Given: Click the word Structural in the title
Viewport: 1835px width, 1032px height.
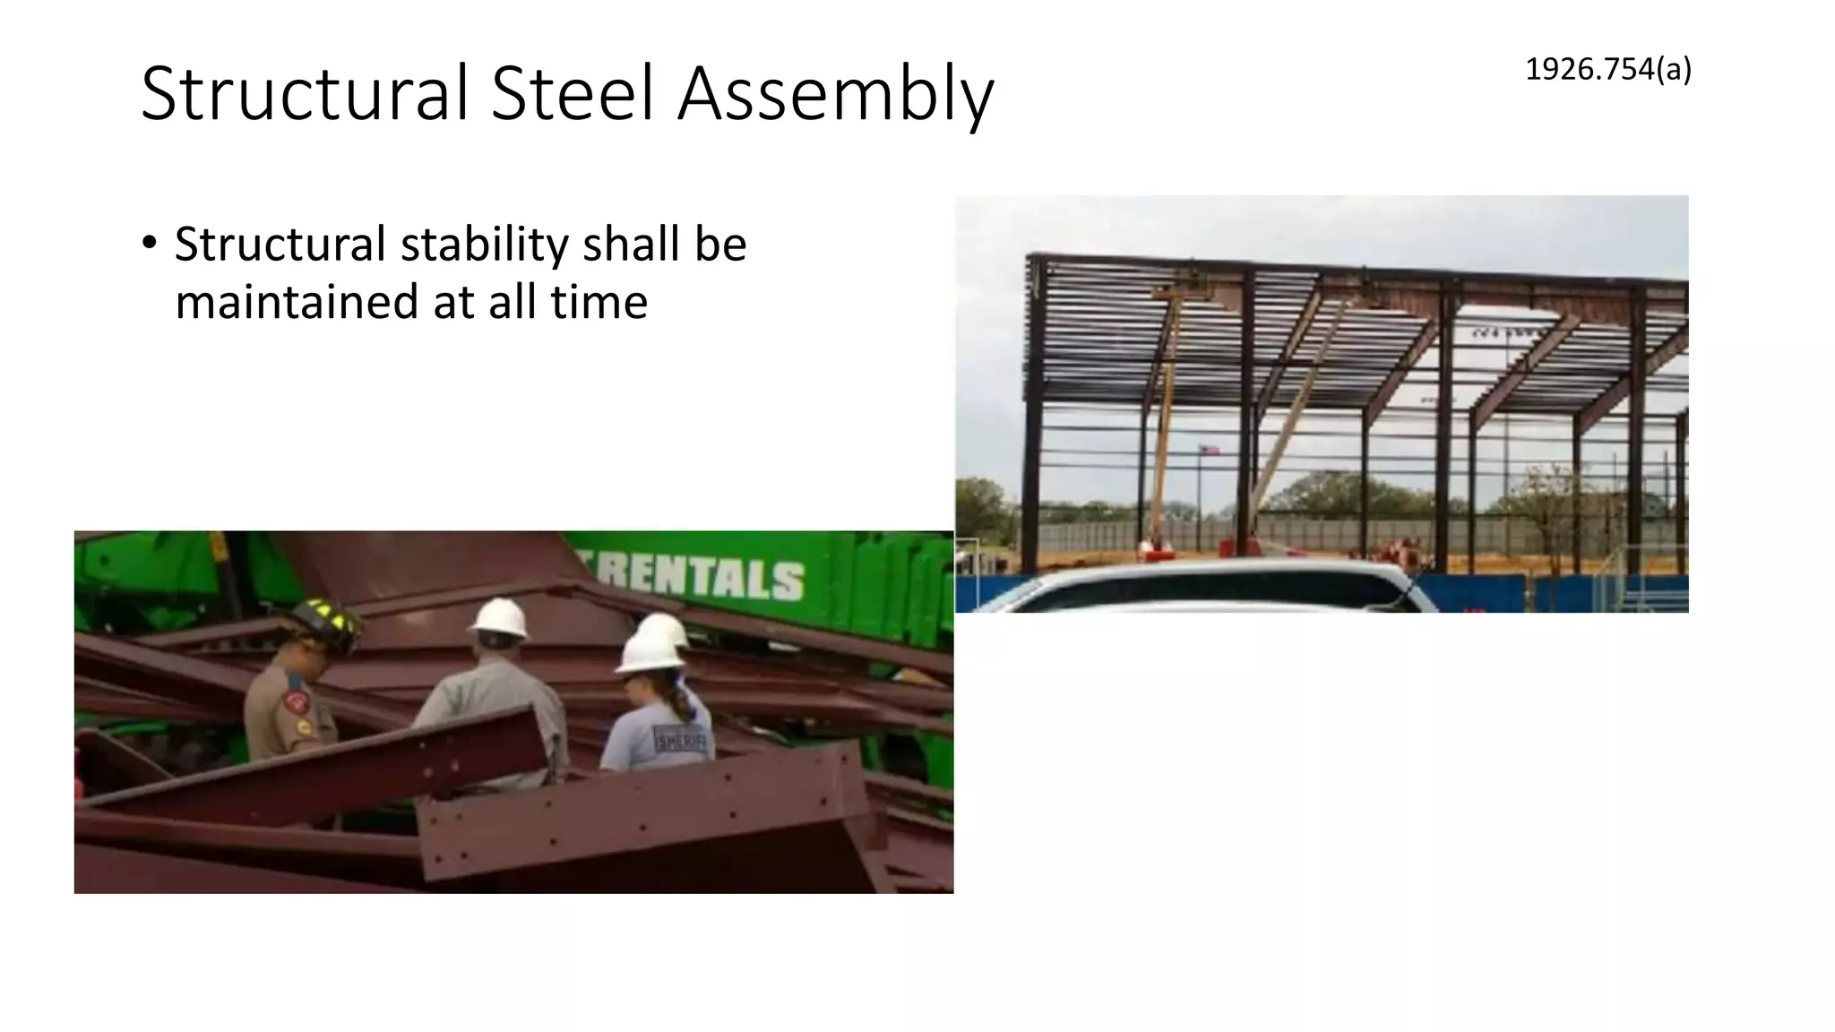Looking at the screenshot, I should [305, 93].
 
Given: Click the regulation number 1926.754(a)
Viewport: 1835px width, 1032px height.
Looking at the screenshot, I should [1607, 69].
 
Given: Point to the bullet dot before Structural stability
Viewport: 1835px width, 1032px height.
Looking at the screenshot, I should [149, 244].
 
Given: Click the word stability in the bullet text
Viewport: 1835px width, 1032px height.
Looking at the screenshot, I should [484, 245].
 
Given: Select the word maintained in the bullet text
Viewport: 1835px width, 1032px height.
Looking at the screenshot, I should [295, 301].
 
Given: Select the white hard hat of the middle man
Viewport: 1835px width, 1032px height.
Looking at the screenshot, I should [498, 618].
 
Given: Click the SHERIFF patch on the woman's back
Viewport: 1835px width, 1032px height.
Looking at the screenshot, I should [680, 740].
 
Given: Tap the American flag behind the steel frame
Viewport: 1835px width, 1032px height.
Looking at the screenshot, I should [1210, 451].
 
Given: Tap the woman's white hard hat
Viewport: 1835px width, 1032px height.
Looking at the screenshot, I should [650, 649].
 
